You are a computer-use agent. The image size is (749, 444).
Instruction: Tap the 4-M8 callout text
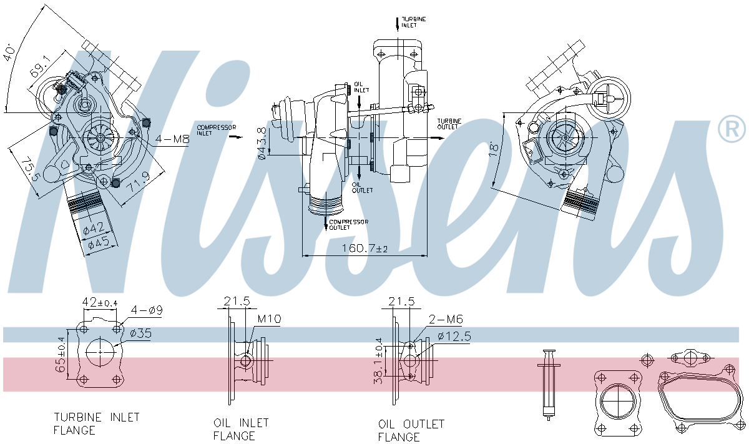[172, 139]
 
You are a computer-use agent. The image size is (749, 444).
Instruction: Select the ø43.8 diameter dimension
[263, 143]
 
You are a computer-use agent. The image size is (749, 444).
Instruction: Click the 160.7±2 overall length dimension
[364, 248]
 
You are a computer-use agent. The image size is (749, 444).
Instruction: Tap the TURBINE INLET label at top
[413, 22]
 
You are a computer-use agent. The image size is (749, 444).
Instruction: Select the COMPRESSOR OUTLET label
[348, 224]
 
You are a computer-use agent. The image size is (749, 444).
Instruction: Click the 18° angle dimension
[494, 148]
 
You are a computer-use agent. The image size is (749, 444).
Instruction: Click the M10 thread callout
[269, 319]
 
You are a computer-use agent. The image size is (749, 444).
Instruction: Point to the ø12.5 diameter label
[454, 337]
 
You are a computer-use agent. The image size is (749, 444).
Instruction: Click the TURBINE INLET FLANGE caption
[96, 423]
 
